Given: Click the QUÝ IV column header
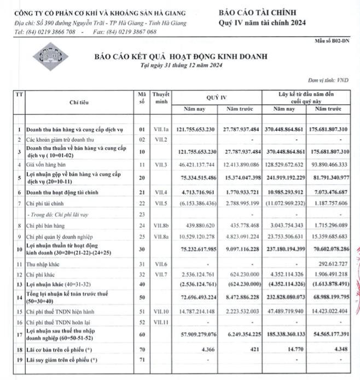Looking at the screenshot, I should [x=217, y=97].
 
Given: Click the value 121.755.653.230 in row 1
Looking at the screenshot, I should [x=195, y=130].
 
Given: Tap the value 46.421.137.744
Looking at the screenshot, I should [x=195, y=164].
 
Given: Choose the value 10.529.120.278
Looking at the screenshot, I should [x=195, y=236].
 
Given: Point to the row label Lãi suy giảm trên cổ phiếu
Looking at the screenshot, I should [x=62, y=359].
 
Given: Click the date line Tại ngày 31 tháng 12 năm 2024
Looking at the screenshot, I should [x=180, y=66].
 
